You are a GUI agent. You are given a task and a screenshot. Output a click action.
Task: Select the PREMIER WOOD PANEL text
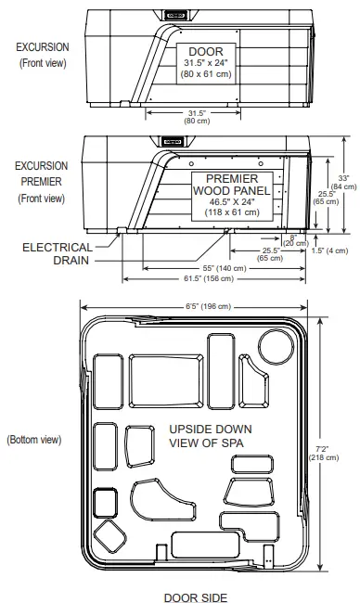231,184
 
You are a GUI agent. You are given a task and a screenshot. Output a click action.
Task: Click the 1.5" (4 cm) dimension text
329,250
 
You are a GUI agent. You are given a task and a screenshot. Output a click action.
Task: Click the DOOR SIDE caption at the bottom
196,597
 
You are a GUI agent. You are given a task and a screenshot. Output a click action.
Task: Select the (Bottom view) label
34,439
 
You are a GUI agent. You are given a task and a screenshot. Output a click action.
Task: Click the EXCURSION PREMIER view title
42,181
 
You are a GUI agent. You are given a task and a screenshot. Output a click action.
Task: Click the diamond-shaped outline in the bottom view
110,535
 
